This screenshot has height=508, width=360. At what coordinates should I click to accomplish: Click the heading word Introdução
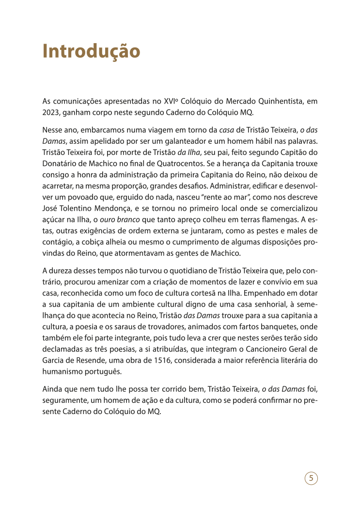click(91, 51)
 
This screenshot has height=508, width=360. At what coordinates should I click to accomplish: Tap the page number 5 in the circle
click(311, 478)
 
